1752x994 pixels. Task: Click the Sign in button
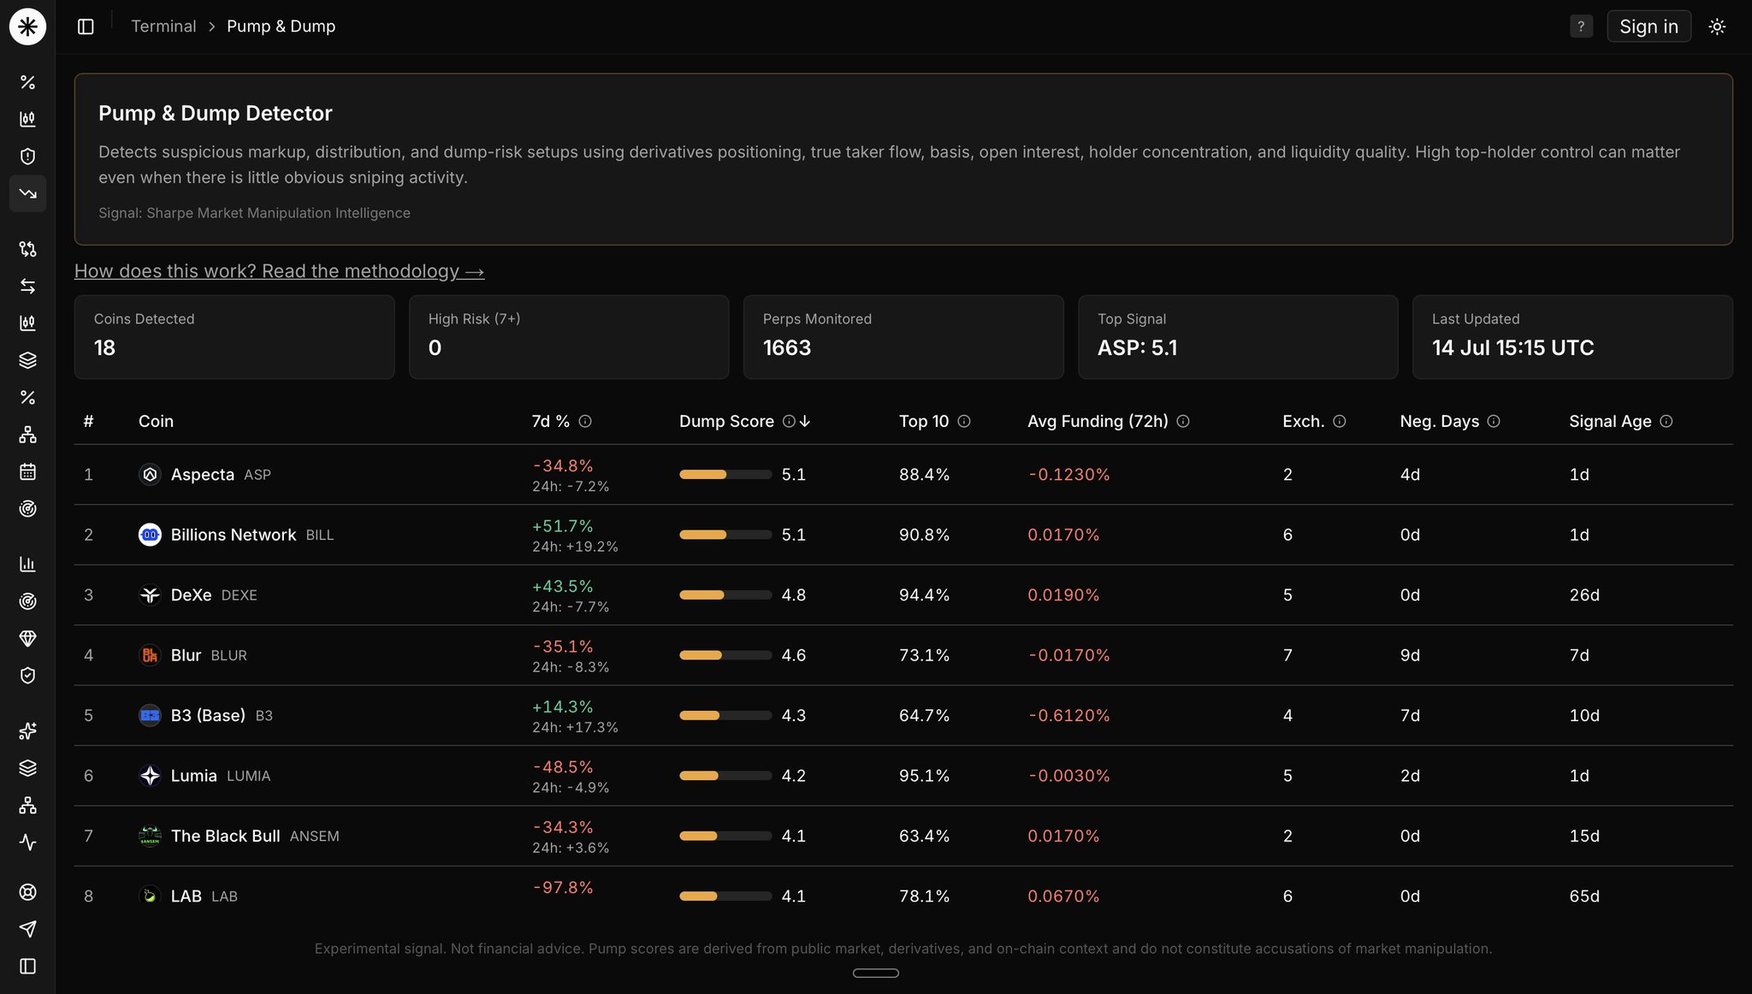(x=1648, y=27)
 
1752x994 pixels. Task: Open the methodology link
(x=279, y=271)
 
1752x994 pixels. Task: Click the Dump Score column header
(x=726, y=421)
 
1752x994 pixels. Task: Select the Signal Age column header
(x=1610, y=421)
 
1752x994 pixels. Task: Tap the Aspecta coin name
(x=202, y=475)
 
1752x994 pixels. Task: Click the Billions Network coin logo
(x=150, y=535)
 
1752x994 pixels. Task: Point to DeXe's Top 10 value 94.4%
(x=924, y=595)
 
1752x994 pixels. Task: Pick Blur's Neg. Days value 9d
(x=1410, y=655)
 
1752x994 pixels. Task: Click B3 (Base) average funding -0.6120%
(x=1068, y=715)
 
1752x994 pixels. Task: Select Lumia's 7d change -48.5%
(x=562, y=766)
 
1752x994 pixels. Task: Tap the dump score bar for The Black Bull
(x=725, y=836)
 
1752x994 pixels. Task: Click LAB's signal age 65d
(x=1584, y=896)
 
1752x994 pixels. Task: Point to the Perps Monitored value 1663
(x=787, y=347)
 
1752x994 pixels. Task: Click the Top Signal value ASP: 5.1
(x=1137, y=347)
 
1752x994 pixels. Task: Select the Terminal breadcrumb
(x=163, y=27)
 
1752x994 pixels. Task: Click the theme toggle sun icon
(x=1716, y=27)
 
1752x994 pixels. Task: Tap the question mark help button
(x=1581, y=27)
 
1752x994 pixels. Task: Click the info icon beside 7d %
(x=585, y=421)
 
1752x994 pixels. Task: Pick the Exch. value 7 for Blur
(x=1287, y=655)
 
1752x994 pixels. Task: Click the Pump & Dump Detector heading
(x=215, y=113)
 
